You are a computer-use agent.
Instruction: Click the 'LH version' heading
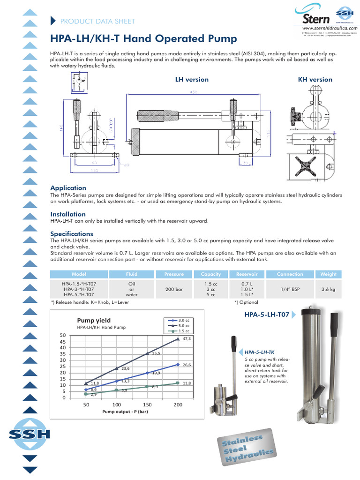(192, 80)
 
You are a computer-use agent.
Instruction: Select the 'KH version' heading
(315, 80)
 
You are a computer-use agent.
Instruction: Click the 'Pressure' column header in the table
(174, 274)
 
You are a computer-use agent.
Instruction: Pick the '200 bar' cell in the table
(174, 290)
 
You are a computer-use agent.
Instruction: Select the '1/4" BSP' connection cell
(290, 290)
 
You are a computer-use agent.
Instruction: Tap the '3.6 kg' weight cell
(328, 290)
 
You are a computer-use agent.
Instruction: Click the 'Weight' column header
(328, 274)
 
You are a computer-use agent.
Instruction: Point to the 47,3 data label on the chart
(187, 338)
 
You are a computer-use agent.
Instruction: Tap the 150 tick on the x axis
(147, 405)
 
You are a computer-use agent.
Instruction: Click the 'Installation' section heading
(68, 214)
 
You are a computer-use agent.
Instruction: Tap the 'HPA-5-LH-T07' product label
(266, 316)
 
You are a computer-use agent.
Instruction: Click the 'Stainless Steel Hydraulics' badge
(246, 449)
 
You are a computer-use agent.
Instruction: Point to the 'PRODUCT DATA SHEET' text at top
(98, 21)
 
